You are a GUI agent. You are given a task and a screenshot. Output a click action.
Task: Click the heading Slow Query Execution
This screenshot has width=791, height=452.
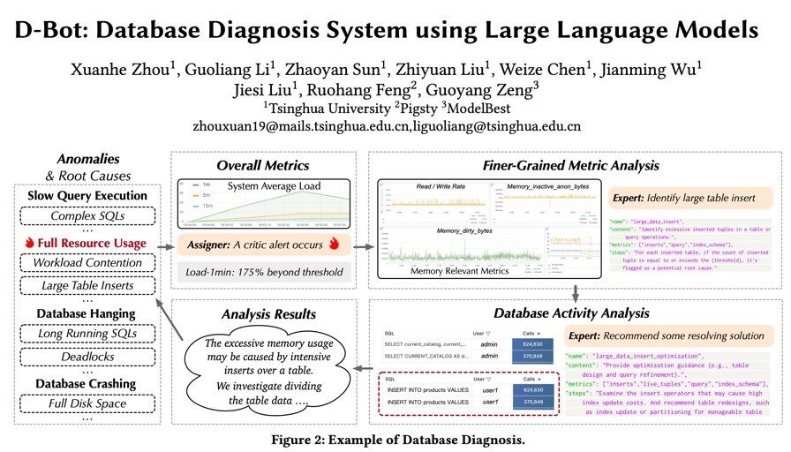tap(87, 195)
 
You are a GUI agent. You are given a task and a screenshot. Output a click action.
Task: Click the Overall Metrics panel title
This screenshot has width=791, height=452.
tap(263, 165)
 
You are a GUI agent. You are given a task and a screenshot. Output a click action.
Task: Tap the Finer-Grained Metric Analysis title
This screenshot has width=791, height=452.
tap(570, 165)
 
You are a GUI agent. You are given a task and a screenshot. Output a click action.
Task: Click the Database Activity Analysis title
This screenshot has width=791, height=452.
tap(570, 313)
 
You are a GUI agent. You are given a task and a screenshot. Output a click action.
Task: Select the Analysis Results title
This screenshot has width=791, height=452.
tap(262, 312)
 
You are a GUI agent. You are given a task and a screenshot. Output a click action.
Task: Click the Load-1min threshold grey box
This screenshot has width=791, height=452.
tap(262, 272)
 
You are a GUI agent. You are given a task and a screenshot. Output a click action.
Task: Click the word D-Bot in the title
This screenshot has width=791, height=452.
tap(54, 30)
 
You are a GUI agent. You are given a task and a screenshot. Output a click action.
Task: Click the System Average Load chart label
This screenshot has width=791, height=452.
tap(274, 186)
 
